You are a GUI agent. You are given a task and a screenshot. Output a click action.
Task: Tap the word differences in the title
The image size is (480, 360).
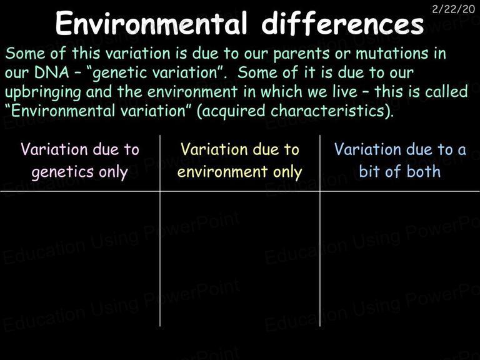pyautogui.click(x=342, y=23)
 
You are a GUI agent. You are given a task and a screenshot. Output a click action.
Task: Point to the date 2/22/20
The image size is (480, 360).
pyautogui.click(x=453, y=9)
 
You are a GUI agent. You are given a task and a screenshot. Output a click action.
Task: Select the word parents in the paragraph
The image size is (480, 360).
pyautogui.click(x=301, y=54)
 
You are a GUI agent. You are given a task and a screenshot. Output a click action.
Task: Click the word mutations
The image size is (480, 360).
pyautogui.click(x=391, y=53)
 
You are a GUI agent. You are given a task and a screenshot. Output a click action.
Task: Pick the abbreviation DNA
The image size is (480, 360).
pyautogui.click(x=52, y=72)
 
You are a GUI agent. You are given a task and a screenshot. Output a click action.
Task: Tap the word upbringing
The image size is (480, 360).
pyautogui.click(x=43, y=92)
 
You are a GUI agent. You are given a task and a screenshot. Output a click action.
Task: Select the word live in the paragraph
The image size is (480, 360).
pyautogui.click(x=344, y=91)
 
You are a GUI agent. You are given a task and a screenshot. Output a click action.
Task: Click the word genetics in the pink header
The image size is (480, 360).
pyautogui.click(x=62, y=172)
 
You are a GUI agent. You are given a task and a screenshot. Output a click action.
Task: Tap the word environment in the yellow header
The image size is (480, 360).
pyautogui.click(x=222, y=172)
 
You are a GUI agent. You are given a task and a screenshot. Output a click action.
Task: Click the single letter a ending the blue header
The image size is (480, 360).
pyautogui.click(x=462, y=151)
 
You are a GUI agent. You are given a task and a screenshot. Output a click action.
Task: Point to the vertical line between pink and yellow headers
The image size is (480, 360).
pyautogui.click(x=160, y=231)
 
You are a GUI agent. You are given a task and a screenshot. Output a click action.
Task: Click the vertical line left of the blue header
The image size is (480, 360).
pyautogui.click(x=320, y=231)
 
